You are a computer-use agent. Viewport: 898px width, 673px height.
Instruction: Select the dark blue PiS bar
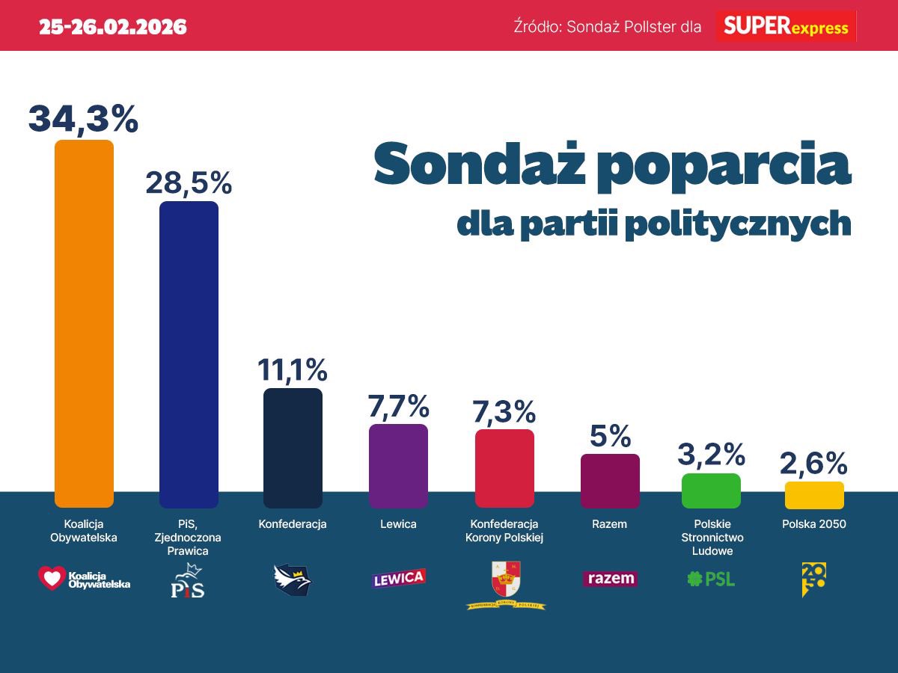click(x=189, y=354)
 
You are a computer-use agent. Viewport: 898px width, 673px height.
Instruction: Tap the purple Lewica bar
click(x=398, y=465)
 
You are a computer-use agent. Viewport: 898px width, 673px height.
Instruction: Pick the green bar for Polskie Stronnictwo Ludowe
click(x=711, y=491)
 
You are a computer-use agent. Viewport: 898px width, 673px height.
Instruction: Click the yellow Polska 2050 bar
click(x=814, y=495)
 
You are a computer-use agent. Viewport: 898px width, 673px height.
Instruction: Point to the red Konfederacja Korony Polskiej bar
click(x=504, y=468)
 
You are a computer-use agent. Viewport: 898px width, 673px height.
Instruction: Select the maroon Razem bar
click(x=610, y=481)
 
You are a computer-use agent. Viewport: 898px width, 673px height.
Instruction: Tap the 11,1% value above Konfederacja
click(x=293, y=369)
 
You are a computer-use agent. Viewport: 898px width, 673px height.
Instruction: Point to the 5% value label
click(x=610, y=436)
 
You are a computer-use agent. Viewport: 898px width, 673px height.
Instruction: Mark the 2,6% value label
click(x=814, y=464)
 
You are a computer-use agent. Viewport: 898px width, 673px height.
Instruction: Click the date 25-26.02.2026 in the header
click(x=113, y=28)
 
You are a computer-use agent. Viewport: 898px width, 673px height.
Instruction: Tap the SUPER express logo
click(x=786, y=27)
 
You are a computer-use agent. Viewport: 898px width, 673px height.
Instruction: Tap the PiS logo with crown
click(x=187, y=580)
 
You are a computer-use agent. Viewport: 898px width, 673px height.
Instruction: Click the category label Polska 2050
click(x=814, y=524)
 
